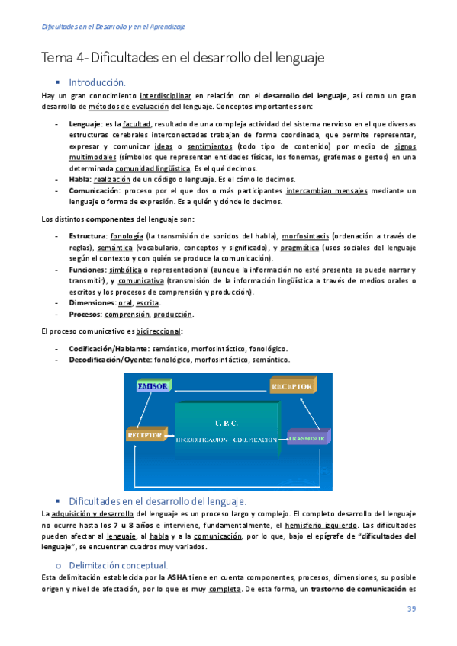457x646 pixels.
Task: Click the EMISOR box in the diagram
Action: pyautogui.click(x=153, y=387)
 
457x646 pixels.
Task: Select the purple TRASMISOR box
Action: pyautogui.click(x=309, y=439)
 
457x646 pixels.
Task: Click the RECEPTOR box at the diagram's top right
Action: pyautogui.click(x=291, y=386)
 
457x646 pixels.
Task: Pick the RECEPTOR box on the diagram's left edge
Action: pyautogui.click(x=146, y=435)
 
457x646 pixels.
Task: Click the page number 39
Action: pyautogui.click(x=410, y=609)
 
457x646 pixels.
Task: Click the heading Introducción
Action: pyautogui.click(x=97, y=82)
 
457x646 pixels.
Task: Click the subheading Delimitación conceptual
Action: pyautogui.click(x=117, y=564)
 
